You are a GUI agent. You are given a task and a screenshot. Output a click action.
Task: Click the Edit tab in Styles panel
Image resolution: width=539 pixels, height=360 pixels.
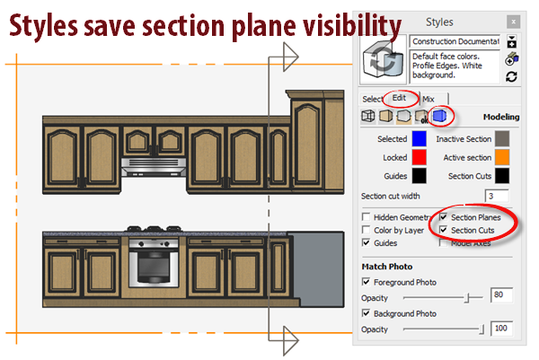point(399,98)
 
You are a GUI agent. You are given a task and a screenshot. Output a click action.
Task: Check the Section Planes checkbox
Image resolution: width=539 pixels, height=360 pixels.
point(443,217)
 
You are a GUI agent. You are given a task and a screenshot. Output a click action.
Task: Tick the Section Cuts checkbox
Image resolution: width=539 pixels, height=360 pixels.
point(443,230)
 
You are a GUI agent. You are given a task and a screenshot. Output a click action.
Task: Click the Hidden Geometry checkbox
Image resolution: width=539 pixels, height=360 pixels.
point(366,217)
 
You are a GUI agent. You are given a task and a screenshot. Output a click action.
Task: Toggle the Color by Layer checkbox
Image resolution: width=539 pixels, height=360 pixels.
point(366,230)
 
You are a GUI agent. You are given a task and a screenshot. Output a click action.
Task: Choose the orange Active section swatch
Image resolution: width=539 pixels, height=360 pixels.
point(502,157)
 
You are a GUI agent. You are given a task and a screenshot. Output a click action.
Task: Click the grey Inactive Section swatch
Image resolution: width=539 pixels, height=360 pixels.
point(502,139)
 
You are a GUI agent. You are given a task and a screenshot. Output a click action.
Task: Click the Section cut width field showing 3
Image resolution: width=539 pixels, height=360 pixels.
point(496,195)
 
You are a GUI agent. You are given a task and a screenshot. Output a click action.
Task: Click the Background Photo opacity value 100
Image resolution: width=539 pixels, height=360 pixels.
point(501,329)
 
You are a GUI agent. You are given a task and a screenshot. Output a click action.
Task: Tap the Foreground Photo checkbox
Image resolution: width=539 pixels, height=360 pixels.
point(366,282)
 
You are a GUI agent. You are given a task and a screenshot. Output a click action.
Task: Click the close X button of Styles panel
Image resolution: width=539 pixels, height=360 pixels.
point(512,19)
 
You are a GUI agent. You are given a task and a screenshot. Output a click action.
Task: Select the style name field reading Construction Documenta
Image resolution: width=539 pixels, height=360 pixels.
point(455,41)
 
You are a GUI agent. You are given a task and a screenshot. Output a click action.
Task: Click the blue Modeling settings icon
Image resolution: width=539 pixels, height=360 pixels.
point(438,116)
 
